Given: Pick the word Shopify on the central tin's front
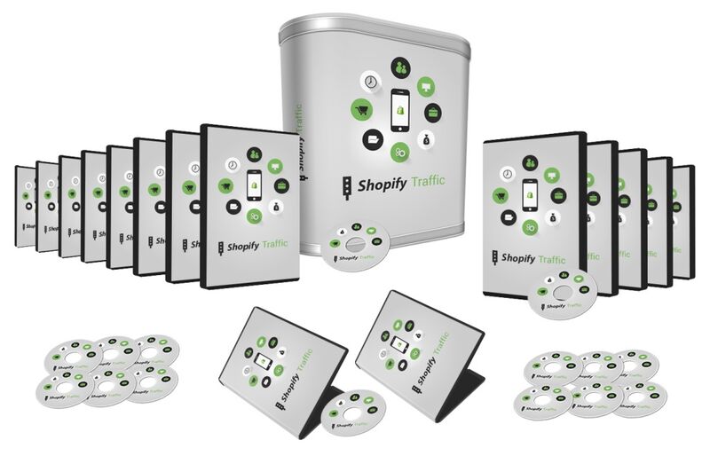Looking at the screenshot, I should coord(378,188).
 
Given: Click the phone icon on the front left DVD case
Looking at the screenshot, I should coord(254,185).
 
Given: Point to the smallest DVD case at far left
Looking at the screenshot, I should coord(25,208).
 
